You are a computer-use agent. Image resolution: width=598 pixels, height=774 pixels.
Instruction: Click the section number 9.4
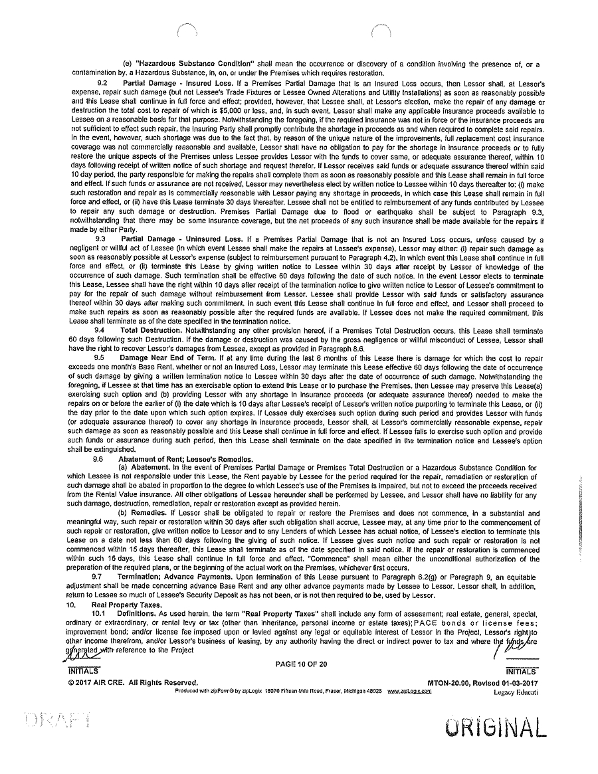100,330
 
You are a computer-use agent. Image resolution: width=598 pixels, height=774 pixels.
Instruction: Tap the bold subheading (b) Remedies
138,514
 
